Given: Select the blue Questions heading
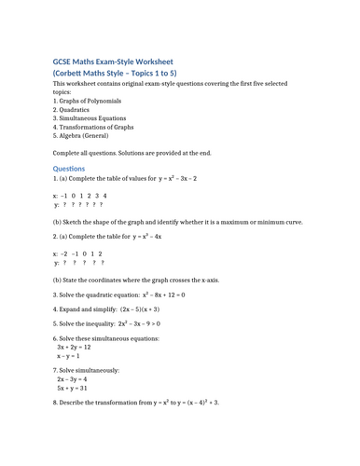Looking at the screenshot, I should (69, 168).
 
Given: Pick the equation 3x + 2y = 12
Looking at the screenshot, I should (74, 347).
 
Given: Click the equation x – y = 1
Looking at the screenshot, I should (68, 356).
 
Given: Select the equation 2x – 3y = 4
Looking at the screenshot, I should (72, 379).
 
